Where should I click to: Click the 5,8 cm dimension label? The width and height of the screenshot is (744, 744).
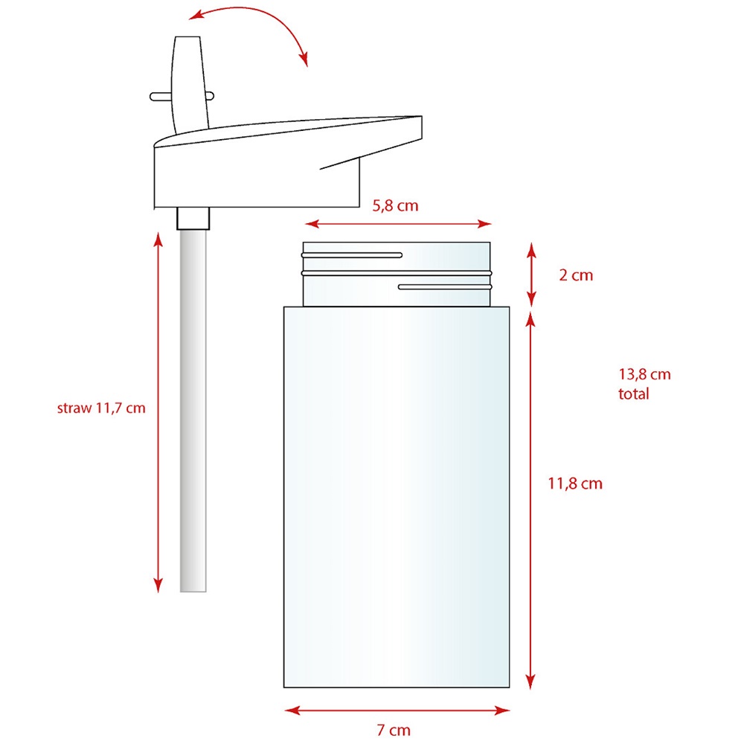click(x=395, y=206)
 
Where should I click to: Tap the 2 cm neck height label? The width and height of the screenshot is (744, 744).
click(x=576, y=275)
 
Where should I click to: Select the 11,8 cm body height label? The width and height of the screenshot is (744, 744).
click(x=575, y=484)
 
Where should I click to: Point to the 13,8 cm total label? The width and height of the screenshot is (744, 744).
click(x=644, y=384)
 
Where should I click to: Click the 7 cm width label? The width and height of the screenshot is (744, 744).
click(x=394, y=730)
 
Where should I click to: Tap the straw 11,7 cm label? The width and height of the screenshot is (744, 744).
click(x=101, y=408)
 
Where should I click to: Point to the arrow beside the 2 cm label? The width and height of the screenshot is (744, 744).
click(x=531, y=275)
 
